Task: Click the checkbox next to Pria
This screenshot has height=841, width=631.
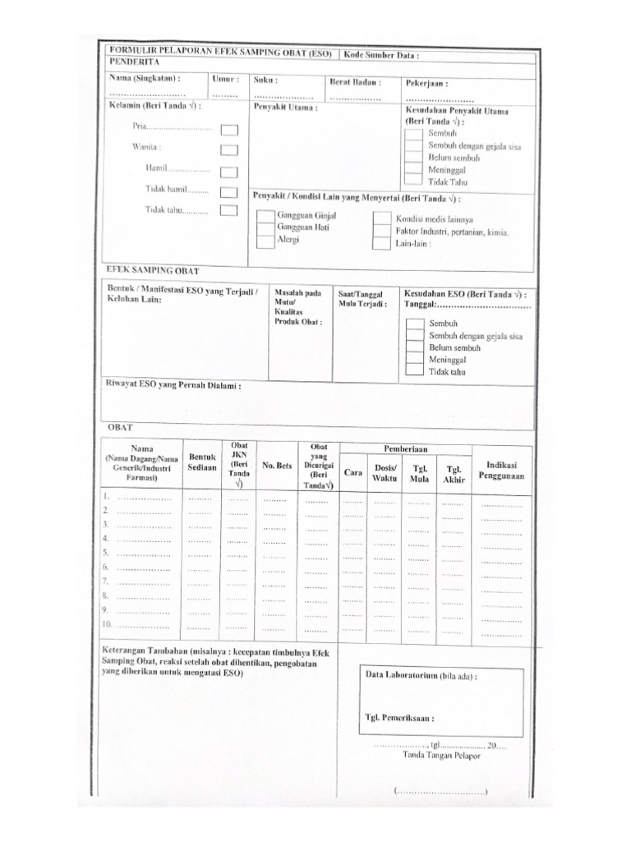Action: click(x=229, y=130)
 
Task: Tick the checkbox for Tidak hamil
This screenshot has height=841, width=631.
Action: click(x=229, y=192)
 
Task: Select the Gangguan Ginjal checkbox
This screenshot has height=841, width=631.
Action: click(x=265, y=217)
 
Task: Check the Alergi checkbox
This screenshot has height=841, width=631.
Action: click(x=265, y=241)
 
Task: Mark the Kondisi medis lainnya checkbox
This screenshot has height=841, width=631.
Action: click(x=381, y=219)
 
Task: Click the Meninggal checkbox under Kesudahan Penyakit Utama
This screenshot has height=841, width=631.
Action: click(x=415, y=169)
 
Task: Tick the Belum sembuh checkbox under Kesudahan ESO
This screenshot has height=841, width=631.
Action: click(x=415, y=348)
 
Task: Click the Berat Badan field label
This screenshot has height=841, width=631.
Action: click(x=356, y=81)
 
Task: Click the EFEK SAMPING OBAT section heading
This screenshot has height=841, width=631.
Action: click(x=153, y=270)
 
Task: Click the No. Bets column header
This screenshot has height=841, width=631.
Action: click(x=277, y=466)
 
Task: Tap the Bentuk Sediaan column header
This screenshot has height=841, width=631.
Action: click(x=202, y=462)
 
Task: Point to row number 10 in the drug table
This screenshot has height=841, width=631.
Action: click(x=107, y=624)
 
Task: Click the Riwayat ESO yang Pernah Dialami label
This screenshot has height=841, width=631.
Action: click(x=174, y=384)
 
